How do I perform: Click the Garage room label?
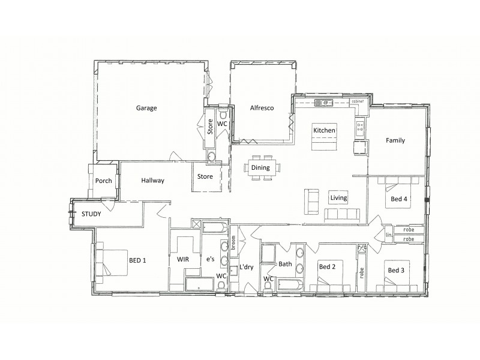[146, 109]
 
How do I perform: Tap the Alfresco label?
[262, 109]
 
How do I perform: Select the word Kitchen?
[324, 130]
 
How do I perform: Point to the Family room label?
[395, 141]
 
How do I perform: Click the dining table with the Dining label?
[260, 169]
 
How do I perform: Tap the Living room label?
[339, 198]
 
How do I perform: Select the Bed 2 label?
[328, 266]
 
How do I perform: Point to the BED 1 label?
[137, 260]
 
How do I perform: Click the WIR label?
[182, 260]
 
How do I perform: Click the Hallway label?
[153, 180]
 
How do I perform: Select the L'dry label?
[248, 266]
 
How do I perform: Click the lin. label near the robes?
[389, 235]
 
